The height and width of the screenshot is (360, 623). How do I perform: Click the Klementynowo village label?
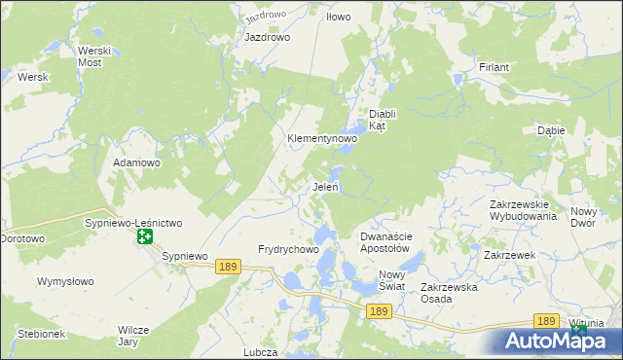321,139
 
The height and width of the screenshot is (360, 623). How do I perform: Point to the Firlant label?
495,67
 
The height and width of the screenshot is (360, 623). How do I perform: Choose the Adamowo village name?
136,162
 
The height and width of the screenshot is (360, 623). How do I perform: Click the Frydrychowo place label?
288,250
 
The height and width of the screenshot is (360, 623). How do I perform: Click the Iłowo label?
339,18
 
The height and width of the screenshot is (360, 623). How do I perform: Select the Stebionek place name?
40,334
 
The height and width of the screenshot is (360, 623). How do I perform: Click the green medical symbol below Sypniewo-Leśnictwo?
144,236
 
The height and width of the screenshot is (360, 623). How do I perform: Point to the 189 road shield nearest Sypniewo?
229,267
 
